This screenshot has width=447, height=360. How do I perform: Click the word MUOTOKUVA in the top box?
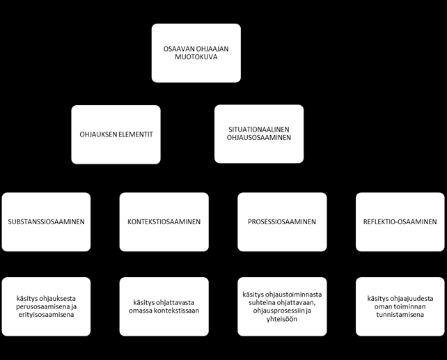[196, 57]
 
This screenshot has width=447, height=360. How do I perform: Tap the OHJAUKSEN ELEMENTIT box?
[116, 134]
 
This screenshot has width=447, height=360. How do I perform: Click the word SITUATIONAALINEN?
[259, 130]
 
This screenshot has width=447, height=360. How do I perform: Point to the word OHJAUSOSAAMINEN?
[259, 137]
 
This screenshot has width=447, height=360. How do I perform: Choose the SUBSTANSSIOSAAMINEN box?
[46, 221]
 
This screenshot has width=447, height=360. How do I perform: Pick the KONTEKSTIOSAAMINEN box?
[164, 221]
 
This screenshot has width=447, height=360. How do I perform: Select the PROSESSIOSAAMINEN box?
[282, 221]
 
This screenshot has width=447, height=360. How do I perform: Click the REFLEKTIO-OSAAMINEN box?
[400, 221]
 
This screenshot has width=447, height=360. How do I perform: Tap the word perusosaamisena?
[42, 306]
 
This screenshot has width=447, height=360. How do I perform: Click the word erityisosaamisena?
[46, 315]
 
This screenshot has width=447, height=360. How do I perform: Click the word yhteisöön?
[282, 319]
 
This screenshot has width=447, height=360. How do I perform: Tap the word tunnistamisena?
[400, 315]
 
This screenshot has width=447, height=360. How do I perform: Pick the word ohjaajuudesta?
[412, 299]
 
